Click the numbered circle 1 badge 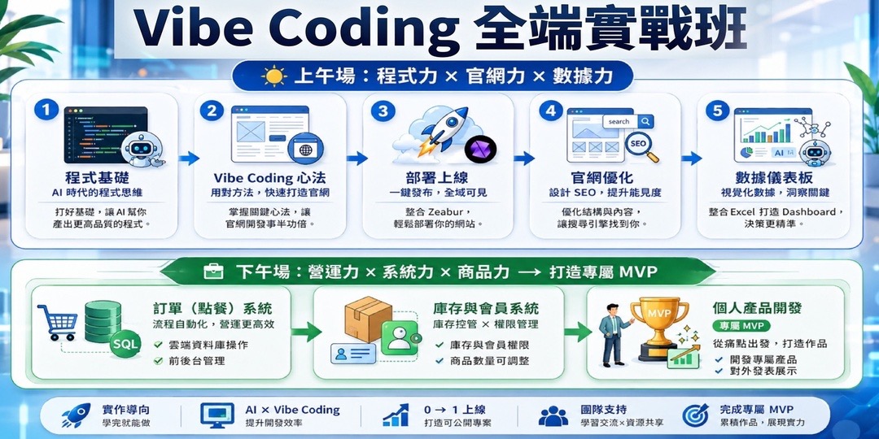click(x=46, y=110)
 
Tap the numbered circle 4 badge click(x=550, y=111)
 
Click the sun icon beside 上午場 click(x=274, y=76)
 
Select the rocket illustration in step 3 click(x=442, y=128)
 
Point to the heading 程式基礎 click(x=97, y=178)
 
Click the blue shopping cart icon click(x=57, y=322)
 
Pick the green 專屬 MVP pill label click(x=741, y=326)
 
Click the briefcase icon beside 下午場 click(x=213, y=272)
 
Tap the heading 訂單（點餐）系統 click(x=212, y=309)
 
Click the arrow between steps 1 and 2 click(x=190, y=159)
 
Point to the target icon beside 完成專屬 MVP click(x=695, y=415)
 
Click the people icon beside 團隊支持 click(x=553, y=416)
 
